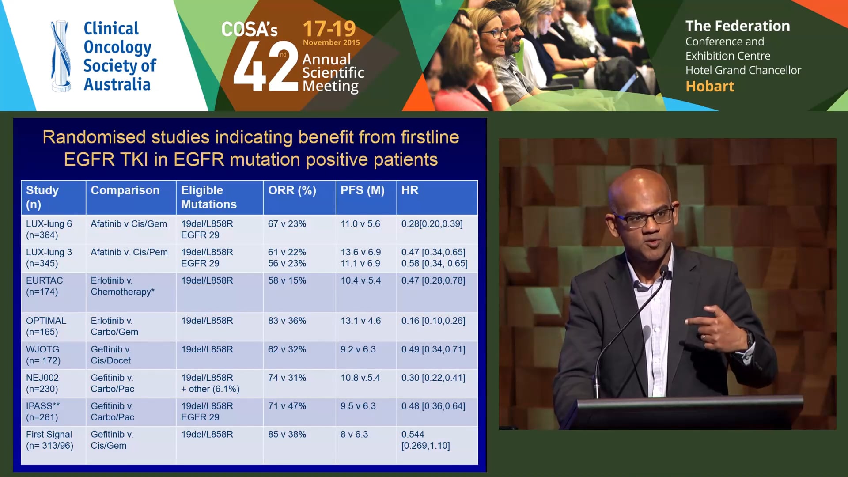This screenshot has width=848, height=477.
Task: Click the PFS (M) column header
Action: click(362, 190)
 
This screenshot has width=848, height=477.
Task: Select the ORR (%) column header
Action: click(292, 190)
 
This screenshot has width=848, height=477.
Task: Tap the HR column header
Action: click(409, 190)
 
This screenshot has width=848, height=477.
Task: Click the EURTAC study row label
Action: click(44, 286)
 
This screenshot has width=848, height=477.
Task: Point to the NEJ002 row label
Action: click(42, 383)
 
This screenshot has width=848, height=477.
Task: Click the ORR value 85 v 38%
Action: click(287, 434)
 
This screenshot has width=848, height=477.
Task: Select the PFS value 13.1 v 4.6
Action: click(360, 321)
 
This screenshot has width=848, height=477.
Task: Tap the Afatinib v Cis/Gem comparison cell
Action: click(129, 224)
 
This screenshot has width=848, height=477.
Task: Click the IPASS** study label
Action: click(43, 411)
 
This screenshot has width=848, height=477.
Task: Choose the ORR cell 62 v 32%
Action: click(287, 349)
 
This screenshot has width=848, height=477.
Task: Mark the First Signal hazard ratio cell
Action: click(425, 440)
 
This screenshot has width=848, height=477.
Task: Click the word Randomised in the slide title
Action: click(94, 137)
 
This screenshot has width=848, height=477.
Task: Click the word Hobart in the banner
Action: click(710, 86)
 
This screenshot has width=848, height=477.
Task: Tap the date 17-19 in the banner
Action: click(329, 29)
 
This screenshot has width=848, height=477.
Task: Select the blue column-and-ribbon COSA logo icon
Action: click(61, 56)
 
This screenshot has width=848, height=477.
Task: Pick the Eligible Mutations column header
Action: click(208, 197)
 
